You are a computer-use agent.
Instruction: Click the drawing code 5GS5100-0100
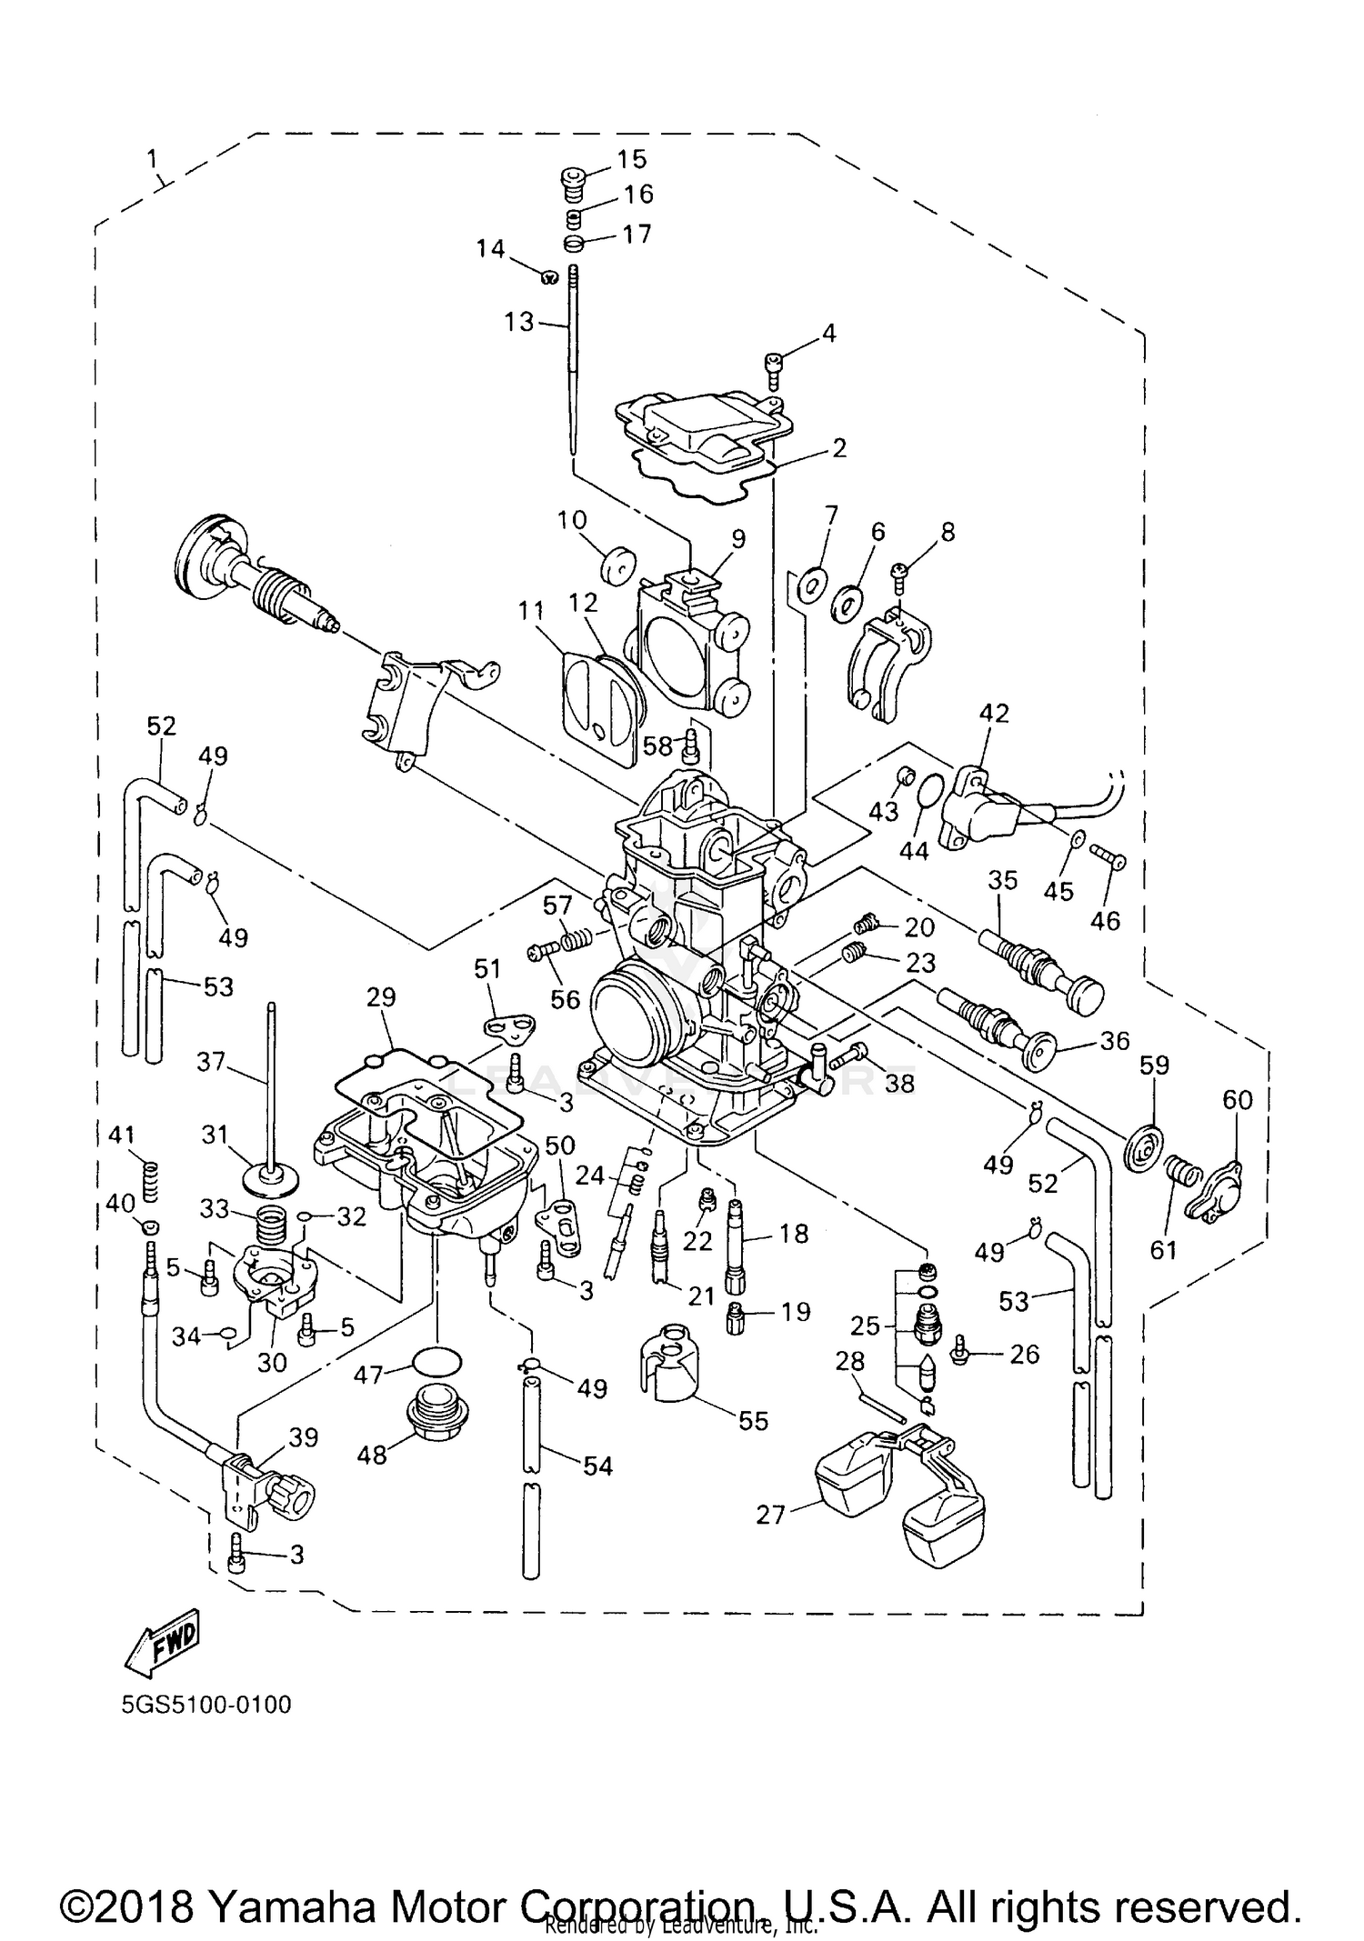tap(206, 1704)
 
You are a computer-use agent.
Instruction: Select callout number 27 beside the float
tap(769, 1515)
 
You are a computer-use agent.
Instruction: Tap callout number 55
tap(753, 1420)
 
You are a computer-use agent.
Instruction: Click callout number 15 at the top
tap(631, 159)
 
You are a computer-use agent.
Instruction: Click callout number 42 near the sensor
tap(994, 713)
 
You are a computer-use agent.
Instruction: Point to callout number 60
tap(1237, 1100)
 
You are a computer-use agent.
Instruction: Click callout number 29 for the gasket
tap(382, 997)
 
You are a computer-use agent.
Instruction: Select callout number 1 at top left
tap(154, 160)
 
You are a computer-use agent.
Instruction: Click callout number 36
tap(1115, 1040)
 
